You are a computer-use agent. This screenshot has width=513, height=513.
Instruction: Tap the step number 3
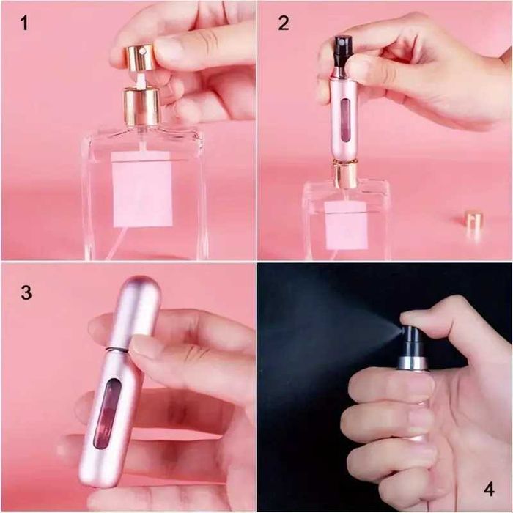(26, 292)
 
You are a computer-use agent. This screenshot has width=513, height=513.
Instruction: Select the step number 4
(489, 489)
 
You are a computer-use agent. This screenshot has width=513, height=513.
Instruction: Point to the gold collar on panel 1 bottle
(141, 107)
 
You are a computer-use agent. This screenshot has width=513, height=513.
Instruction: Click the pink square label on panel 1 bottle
(142, 189)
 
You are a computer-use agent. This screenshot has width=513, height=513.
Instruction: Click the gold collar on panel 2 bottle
(345, 174)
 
